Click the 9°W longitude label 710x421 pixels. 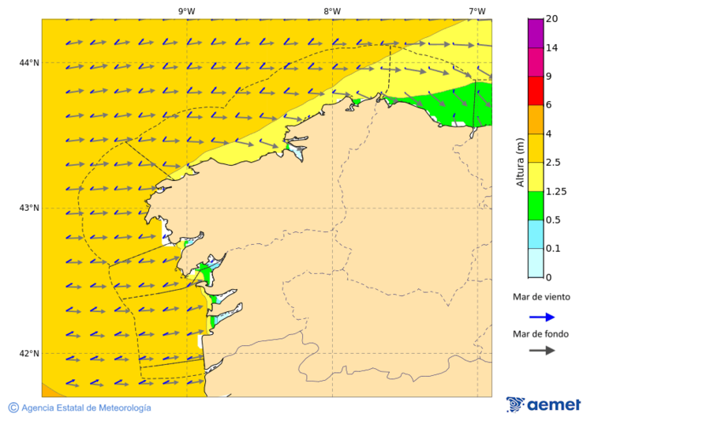(186, 11)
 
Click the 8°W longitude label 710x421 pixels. (332, 11)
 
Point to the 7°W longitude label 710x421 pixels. (476, 11)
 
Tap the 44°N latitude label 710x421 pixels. (29, 63)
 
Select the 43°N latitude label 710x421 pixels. (29, 208)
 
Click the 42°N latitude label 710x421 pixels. (29, 353)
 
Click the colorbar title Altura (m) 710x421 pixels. (520, 162)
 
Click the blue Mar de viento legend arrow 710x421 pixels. (541, 317)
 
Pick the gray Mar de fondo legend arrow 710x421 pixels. (541, 350)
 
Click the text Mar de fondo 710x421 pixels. (540, 334)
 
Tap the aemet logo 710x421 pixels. (544, 404)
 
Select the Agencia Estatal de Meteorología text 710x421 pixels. (86, 408)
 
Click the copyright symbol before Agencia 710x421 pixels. (13, 408)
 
